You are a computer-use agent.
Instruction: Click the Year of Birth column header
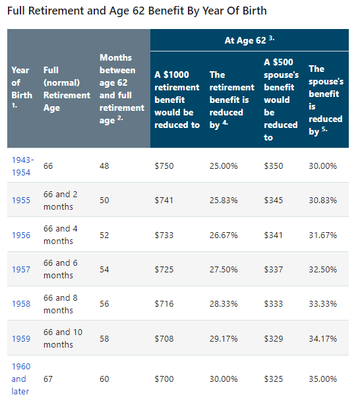click(x=20, y=88)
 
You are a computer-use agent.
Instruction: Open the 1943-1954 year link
click(x=22, y=165)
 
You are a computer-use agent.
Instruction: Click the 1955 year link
click(x=21, y=200)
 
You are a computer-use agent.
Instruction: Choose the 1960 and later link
click(x=19, y=379)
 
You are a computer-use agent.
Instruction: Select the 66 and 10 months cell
click(x=63, y=338)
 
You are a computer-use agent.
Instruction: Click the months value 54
click(x=105, y=269)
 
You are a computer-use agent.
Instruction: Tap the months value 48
click(x=105, y=166)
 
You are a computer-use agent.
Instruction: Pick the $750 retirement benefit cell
click(x=164, y=166)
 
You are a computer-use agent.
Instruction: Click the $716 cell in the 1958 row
click(x=164, y=304)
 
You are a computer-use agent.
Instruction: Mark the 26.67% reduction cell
click(x=224, y=235)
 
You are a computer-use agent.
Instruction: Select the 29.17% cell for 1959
click(x=224, y=338)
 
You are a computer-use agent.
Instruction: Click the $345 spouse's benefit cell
click(x=274, y=200)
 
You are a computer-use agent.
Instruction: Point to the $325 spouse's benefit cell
click(x=274, y=379)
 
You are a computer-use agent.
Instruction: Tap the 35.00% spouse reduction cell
click(x=323, y=379)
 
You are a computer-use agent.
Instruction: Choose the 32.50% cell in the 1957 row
click(x=323, y=269)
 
